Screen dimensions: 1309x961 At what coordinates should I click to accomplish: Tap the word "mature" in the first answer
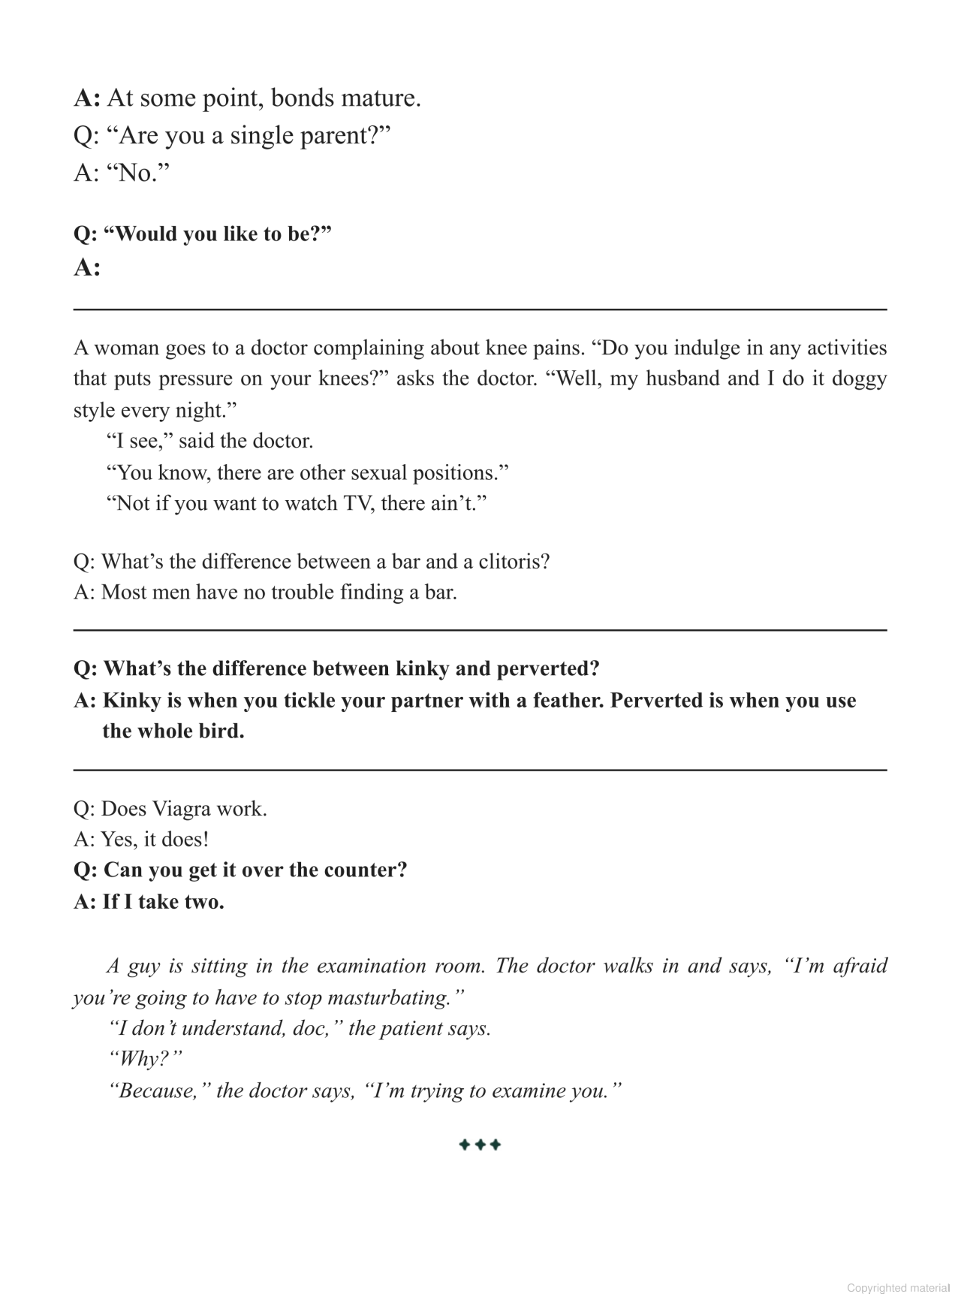pyautogui.click(x=380, y=98)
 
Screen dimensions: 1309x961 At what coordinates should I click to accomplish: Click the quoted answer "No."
pyautogui.click(x=137, y=173)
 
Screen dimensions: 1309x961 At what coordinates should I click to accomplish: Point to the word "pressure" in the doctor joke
pyautogui.click(x=191, y=379)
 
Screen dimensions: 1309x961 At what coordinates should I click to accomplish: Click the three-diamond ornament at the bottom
pyautogui.click(x=480, y=1145)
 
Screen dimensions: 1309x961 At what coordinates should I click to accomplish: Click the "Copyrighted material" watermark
pyautogui.click(x=898, y=1288)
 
